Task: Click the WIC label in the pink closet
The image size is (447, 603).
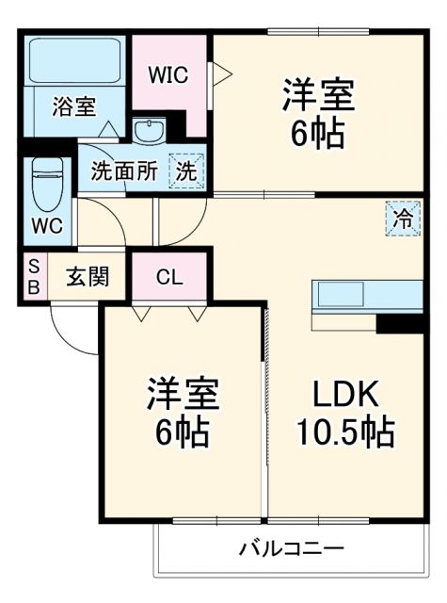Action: click(168, 74)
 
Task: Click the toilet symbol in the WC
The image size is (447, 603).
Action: click(44, 185)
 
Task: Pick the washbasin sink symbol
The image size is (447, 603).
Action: click(149, 131)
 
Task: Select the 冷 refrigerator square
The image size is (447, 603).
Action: click(401, 219)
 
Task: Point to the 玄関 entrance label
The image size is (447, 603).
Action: click(87, 277)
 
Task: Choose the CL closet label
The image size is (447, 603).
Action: click(169, 277)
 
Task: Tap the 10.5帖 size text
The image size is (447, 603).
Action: click(345, 432)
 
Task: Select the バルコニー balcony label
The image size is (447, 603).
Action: click(291, 548)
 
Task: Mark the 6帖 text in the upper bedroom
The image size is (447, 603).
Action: click(316, 133)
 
